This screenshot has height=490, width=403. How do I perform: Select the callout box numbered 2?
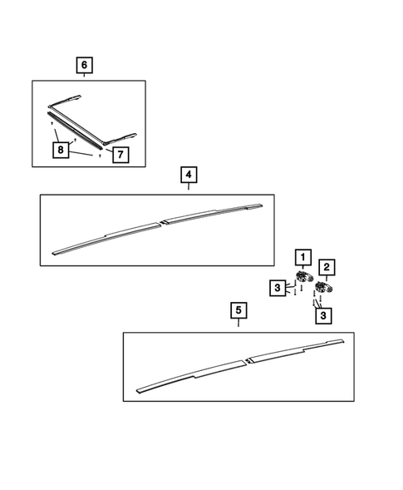click(x=327, y=267)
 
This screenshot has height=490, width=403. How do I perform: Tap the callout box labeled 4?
click(x=189, y=175)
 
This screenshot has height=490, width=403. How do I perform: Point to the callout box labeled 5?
click(x=238, y=311)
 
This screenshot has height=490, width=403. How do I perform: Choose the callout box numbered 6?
click(x=84, y=65)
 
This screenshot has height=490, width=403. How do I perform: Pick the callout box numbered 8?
click(x=60, y=151)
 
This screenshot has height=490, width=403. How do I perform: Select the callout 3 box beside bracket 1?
click(x=277, y=288)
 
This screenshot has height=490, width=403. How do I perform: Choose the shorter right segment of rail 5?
click(x=295, y=350)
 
